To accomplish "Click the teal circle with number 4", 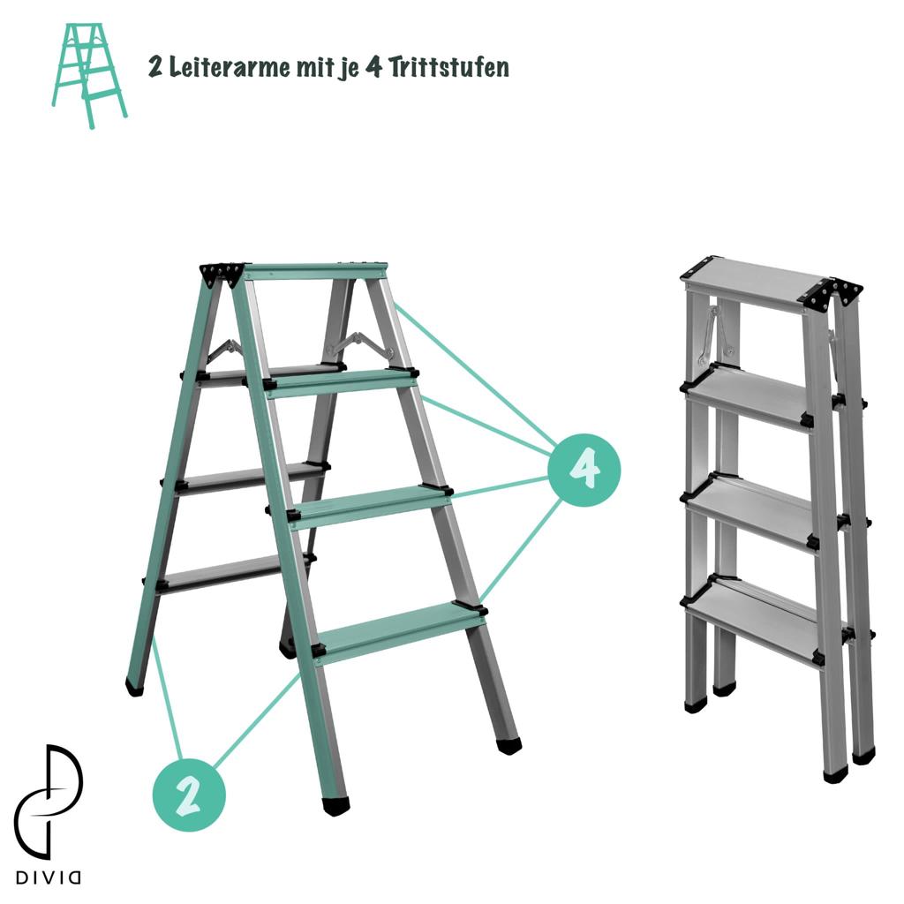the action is (x=584, y=470).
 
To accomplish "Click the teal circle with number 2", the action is (x=189, y=795).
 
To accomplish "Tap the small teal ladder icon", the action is (x=89, y=75).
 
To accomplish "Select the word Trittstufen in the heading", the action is (x=448, y=67).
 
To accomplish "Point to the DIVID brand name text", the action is (x=49, y=878).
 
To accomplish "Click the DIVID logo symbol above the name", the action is (x=49, y=802).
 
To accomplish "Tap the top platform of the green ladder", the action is (x=315, y=270).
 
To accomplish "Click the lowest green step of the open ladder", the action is (x=400, y=631).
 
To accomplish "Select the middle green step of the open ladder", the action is (x=372, y=505).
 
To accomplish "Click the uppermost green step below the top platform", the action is (x=343, y=381).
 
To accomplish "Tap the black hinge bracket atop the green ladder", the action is (x=222, y=274).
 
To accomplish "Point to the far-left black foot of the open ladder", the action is (x=134, y=686).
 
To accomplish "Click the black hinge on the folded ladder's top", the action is (x=830, y=294).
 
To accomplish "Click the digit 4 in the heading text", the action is (x=373, y=67).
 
